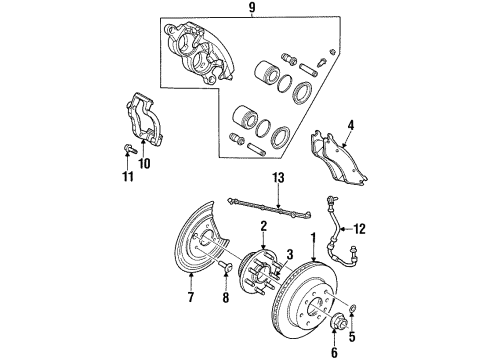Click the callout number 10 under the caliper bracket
point(146,163)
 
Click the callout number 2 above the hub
point(262,227)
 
